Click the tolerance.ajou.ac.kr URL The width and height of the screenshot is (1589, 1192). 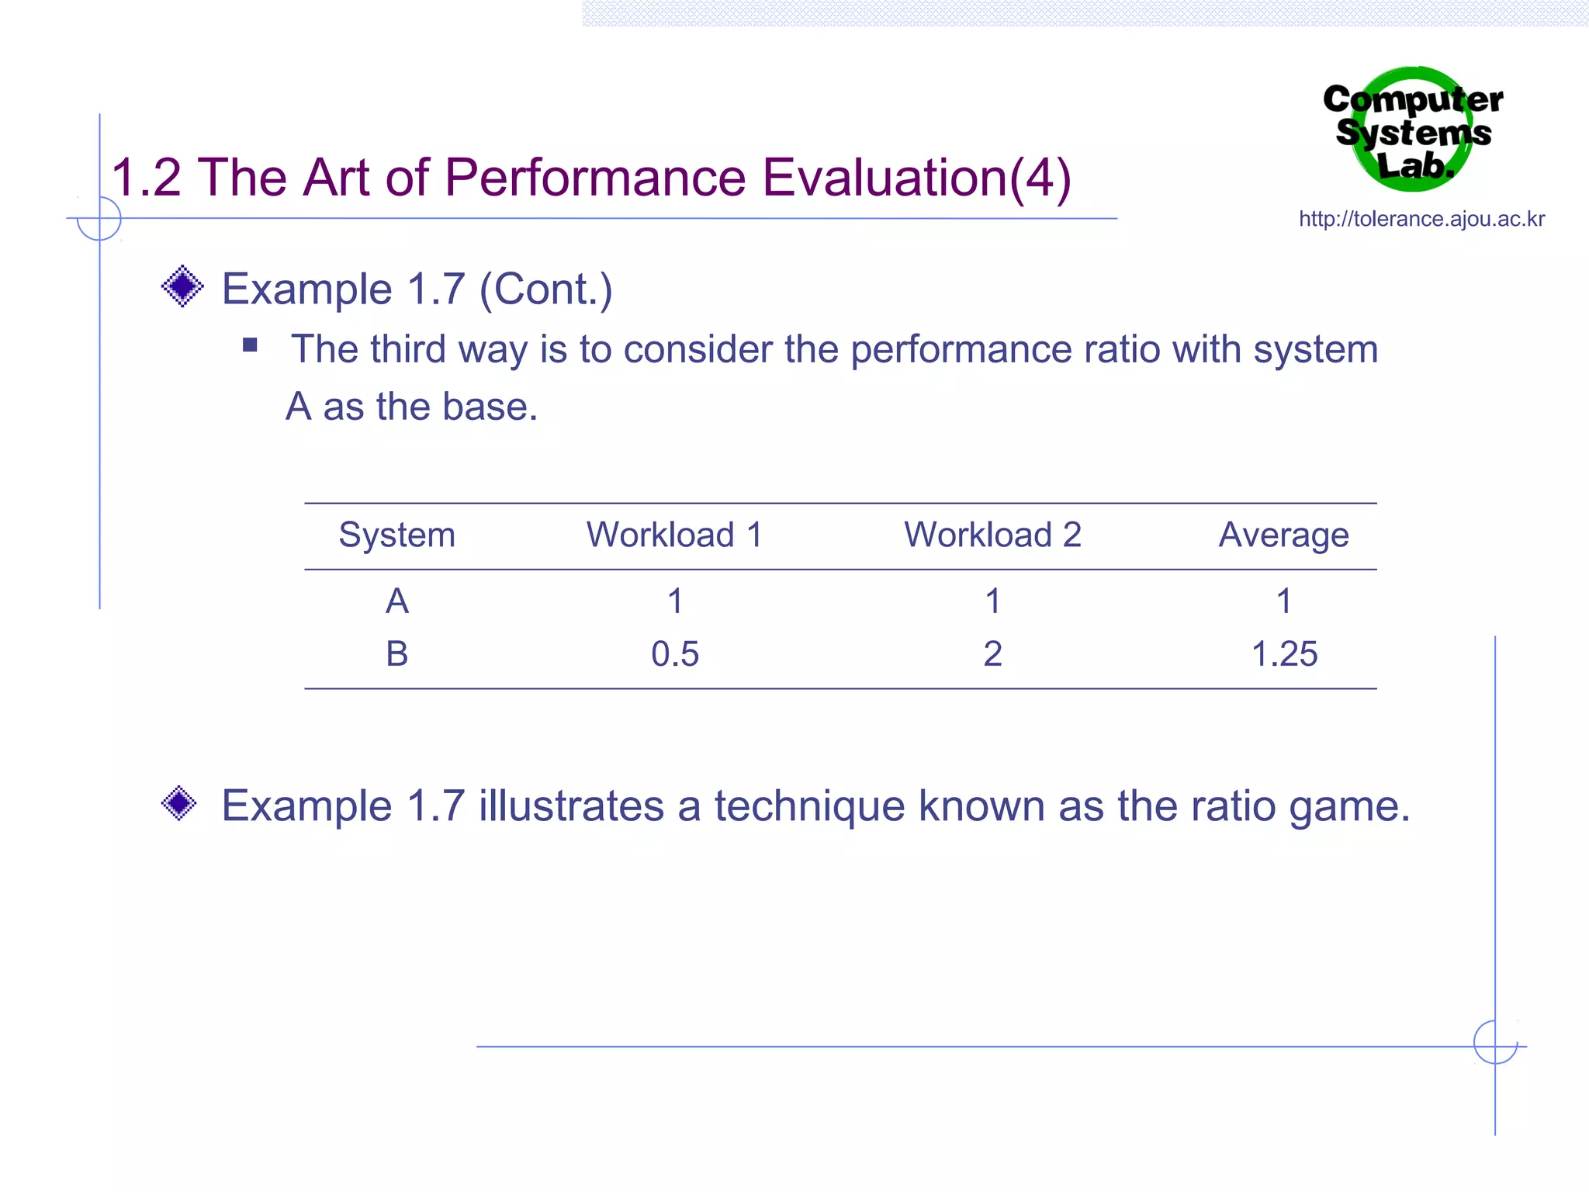[x=1421, y=219]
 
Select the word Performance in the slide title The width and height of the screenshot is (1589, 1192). [x=595, y=178]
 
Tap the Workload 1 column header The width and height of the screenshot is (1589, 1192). [x=674, y=535]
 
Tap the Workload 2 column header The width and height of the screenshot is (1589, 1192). [x=992, y=535]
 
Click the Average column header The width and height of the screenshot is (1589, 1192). [x=1283, y=535]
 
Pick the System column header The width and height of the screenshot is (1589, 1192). [x=396, y=535]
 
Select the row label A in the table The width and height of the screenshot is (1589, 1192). [x=396, y=601]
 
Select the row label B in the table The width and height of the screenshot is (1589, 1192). [x=396, y=653]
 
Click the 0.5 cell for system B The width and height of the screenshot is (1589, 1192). [x=674, y=653]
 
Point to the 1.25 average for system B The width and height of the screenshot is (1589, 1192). [x=1284, y=653]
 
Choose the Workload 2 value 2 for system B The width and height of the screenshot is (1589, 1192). [x=992, y=653]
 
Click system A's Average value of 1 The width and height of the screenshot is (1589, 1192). [x=1284, y=601]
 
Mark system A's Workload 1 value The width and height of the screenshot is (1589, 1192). [x=675, y=601]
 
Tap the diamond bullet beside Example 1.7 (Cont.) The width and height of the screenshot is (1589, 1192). [x=182, y=286]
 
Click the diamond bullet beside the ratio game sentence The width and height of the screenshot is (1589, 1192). [x=179, y=803]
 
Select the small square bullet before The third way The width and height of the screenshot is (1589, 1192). [x=250, y=345]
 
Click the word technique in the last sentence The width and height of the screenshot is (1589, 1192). [x=809, y=806]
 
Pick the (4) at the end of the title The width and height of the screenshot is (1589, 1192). [x=1040, y=178]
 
